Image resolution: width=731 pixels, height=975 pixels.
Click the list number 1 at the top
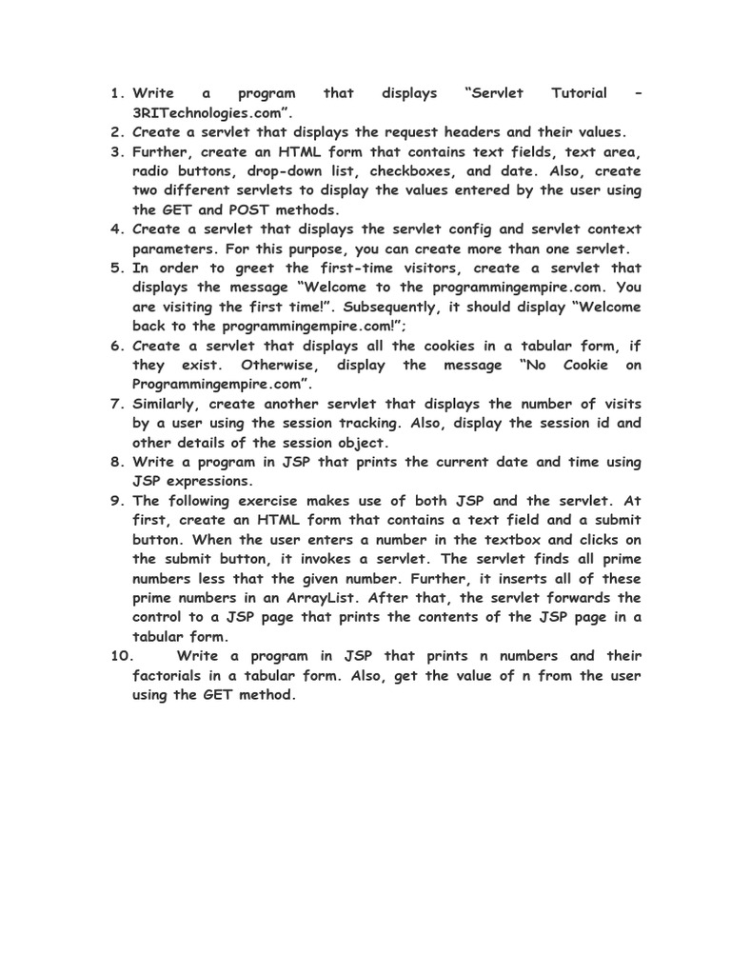click(115, 93)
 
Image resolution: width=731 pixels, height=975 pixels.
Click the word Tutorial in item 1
click(580, 93)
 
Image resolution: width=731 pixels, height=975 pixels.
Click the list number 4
click(115, 229)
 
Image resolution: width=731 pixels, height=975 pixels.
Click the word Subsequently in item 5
click(391, 307)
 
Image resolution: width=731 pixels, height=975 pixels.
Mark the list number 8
click(115, 462)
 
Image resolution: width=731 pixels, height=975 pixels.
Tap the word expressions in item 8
click(206, 481)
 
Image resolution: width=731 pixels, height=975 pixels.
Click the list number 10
click(119, 656)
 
